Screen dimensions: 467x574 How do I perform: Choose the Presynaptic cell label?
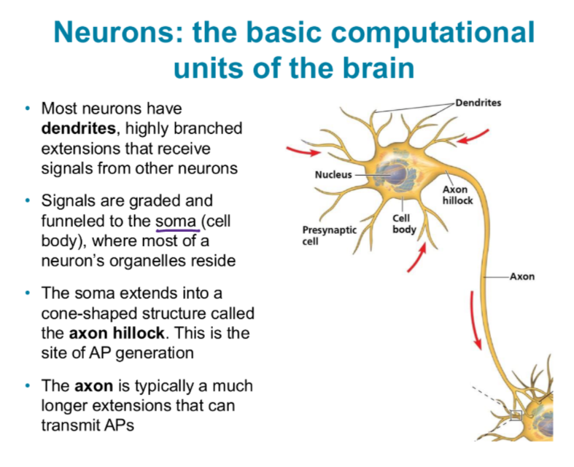[x=330, y=235]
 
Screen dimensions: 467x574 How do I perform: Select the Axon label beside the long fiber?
[x=521, y=277]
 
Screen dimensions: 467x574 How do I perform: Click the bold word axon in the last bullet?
[x=88, y=385]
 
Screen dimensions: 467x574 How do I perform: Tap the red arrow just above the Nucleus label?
[x=302, y=152]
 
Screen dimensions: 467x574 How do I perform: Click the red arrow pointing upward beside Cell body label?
[x=416, y=256]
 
